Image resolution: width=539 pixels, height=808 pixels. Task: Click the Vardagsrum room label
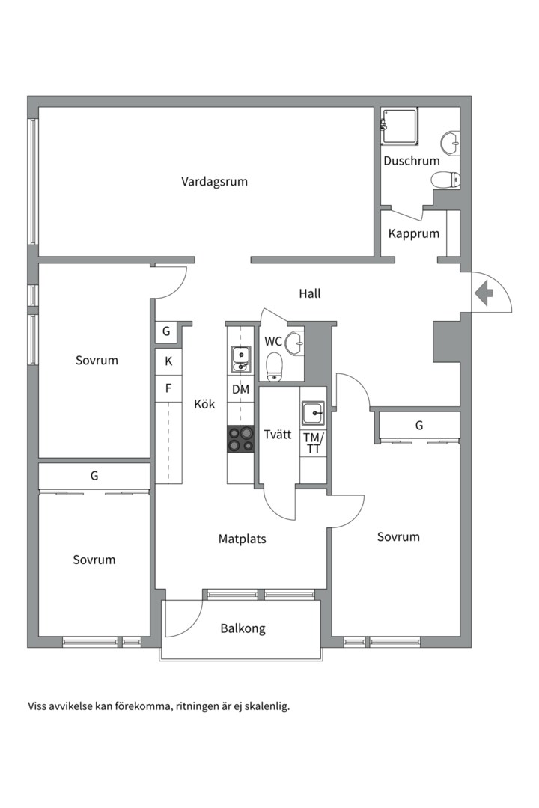click(214, 181)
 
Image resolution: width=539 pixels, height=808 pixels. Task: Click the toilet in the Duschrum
click(447, 180)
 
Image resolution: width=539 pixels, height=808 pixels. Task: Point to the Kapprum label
click(413, 233)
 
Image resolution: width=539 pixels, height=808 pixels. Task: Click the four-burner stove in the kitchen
click(240, 438)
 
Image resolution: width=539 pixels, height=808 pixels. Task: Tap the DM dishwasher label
click(240, 389)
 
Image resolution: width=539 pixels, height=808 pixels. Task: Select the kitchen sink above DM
click(240, 358)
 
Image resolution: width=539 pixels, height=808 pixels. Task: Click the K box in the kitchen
click(168, 361)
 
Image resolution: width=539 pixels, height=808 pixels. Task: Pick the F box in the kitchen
click(168, 388)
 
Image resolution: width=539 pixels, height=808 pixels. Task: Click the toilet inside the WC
click(275, 365)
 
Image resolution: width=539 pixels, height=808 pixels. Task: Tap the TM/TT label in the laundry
click(313, 443)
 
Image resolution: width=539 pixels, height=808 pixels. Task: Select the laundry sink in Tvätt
click(313, 412)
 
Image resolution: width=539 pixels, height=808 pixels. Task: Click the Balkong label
click(243, 628)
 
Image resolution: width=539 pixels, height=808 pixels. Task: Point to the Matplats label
click(242, 539)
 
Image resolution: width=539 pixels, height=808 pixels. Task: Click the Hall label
click(309, 293)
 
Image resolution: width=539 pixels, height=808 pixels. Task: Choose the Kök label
click(204, 404)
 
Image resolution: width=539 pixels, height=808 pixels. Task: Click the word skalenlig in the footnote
click(266, 706)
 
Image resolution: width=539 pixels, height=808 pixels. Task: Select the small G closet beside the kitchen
click(166, 331)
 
